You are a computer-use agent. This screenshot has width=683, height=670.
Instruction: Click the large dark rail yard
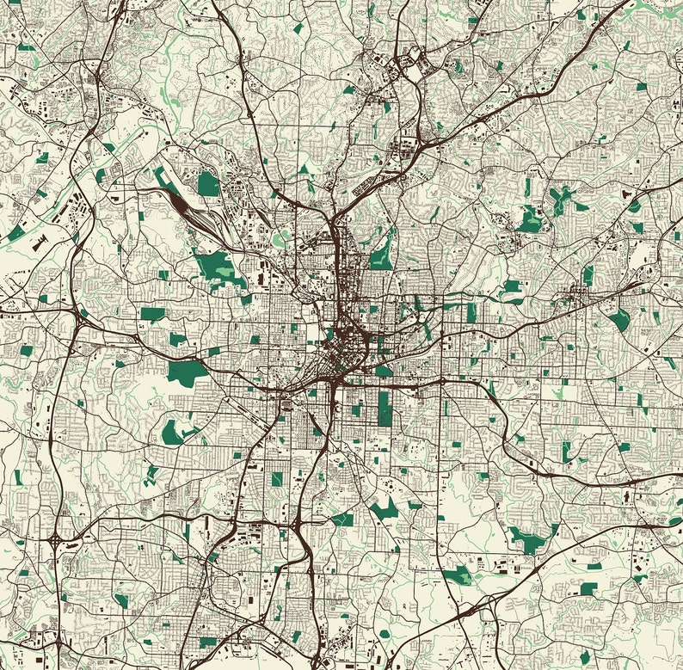(x=183, y=206)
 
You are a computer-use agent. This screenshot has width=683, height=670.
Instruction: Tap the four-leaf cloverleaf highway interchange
(x=55, y=542)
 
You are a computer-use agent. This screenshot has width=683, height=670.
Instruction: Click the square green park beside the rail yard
(x=208, y=183)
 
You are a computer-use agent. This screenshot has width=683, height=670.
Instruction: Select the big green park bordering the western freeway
(x=187, y=372)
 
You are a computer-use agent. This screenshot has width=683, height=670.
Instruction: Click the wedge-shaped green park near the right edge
(x=618, y=320)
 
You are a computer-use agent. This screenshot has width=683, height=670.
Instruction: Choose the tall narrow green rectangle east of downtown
(x=471, y=311)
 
